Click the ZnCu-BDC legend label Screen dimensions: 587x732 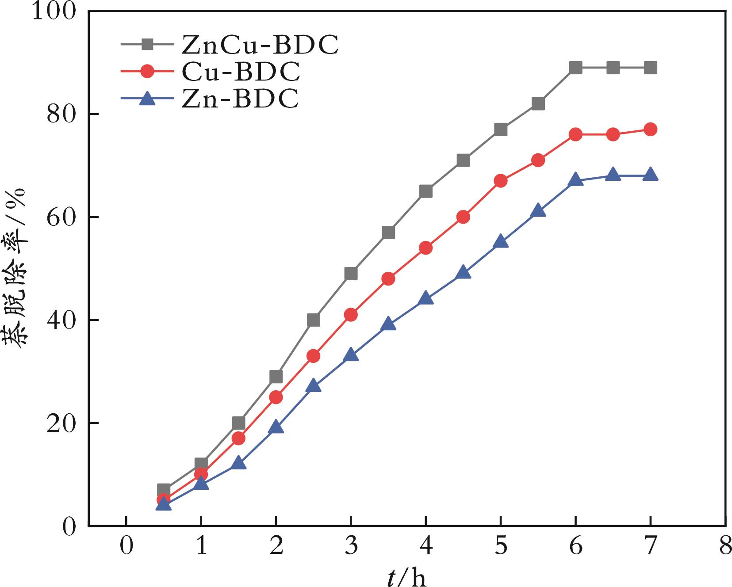coord(260,44)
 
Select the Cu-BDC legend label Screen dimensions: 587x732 coord(241,72)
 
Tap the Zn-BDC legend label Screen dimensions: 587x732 coord(240,99)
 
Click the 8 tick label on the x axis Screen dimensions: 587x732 coord(725,547)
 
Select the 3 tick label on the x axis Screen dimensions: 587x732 coord(351,547)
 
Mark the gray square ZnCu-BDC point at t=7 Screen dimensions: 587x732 coord(650,68)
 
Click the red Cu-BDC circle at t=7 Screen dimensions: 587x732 coord(650,130)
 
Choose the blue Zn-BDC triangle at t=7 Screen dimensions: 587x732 coord(650,175)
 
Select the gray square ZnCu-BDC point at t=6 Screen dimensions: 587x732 coord(575,68)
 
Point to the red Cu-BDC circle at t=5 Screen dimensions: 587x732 coord(500,181)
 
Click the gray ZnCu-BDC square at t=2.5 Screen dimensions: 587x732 coord(313,320)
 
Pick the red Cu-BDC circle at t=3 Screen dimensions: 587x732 coord(351,315)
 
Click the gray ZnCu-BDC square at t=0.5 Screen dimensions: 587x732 coord(164,490)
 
